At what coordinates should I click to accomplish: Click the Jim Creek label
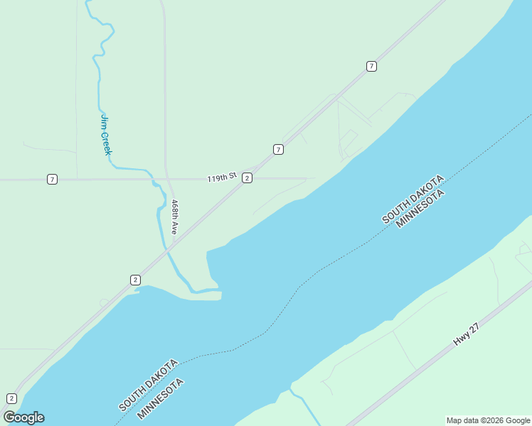(x=106, y=135)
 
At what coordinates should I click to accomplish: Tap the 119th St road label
(x=222, y=177)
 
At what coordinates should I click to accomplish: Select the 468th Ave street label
(x=174, y=217)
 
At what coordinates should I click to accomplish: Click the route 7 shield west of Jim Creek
(x=52, y=179)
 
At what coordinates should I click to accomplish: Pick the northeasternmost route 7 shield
(x=371, y=66)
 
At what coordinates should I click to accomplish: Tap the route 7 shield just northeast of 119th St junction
(x=278, y=149)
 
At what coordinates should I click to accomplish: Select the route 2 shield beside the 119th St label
(x=246, y=177)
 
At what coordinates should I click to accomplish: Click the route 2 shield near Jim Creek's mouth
(x=135, y=280)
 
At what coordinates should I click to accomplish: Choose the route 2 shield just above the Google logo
(x=11, y=398)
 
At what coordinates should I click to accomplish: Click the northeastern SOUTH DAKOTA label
(x=413, y=198)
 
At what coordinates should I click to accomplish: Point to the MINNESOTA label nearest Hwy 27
(x=420, y=209)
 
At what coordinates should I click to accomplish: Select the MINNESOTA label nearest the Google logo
(x=161, y=398)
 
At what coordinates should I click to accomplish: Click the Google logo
(x=23, y=417)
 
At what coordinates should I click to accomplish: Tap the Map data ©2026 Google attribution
(x=489, y=420)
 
